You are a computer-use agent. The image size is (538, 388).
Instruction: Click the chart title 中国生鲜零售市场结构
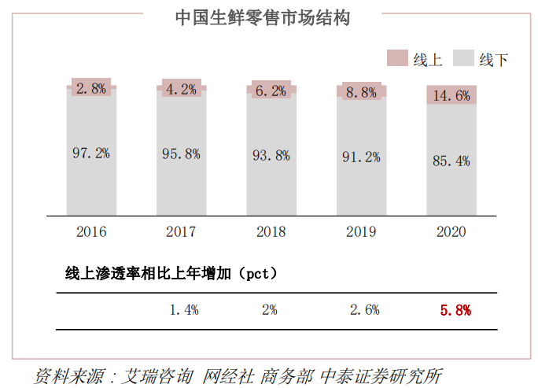262,17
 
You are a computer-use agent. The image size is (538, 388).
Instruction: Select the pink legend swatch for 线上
397,58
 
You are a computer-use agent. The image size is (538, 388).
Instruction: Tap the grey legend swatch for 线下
464,58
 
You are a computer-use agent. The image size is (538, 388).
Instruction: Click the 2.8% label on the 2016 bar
91,88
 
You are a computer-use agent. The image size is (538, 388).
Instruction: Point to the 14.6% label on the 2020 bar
451,96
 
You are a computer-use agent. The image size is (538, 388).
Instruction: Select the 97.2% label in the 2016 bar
91,153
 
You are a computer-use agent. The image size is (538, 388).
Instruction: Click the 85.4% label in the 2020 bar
451,161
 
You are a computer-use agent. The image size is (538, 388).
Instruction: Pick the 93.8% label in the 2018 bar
271,156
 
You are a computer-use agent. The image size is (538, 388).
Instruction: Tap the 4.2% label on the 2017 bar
181,89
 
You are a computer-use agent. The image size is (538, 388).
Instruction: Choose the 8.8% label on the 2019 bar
361,92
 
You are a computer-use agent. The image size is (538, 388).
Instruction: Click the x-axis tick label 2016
91,231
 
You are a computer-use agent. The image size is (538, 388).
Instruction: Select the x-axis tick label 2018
271,231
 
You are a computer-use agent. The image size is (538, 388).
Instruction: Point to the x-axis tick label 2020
451,231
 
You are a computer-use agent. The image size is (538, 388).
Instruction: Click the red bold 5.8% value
455,310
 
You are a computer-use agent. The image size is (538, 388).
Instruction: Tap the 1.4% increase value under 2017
184,310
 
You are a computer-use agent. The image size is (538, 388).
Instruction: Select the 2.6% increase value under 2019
364,310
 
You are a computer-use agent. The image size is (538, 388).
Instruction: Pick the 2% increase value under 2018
270,310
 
